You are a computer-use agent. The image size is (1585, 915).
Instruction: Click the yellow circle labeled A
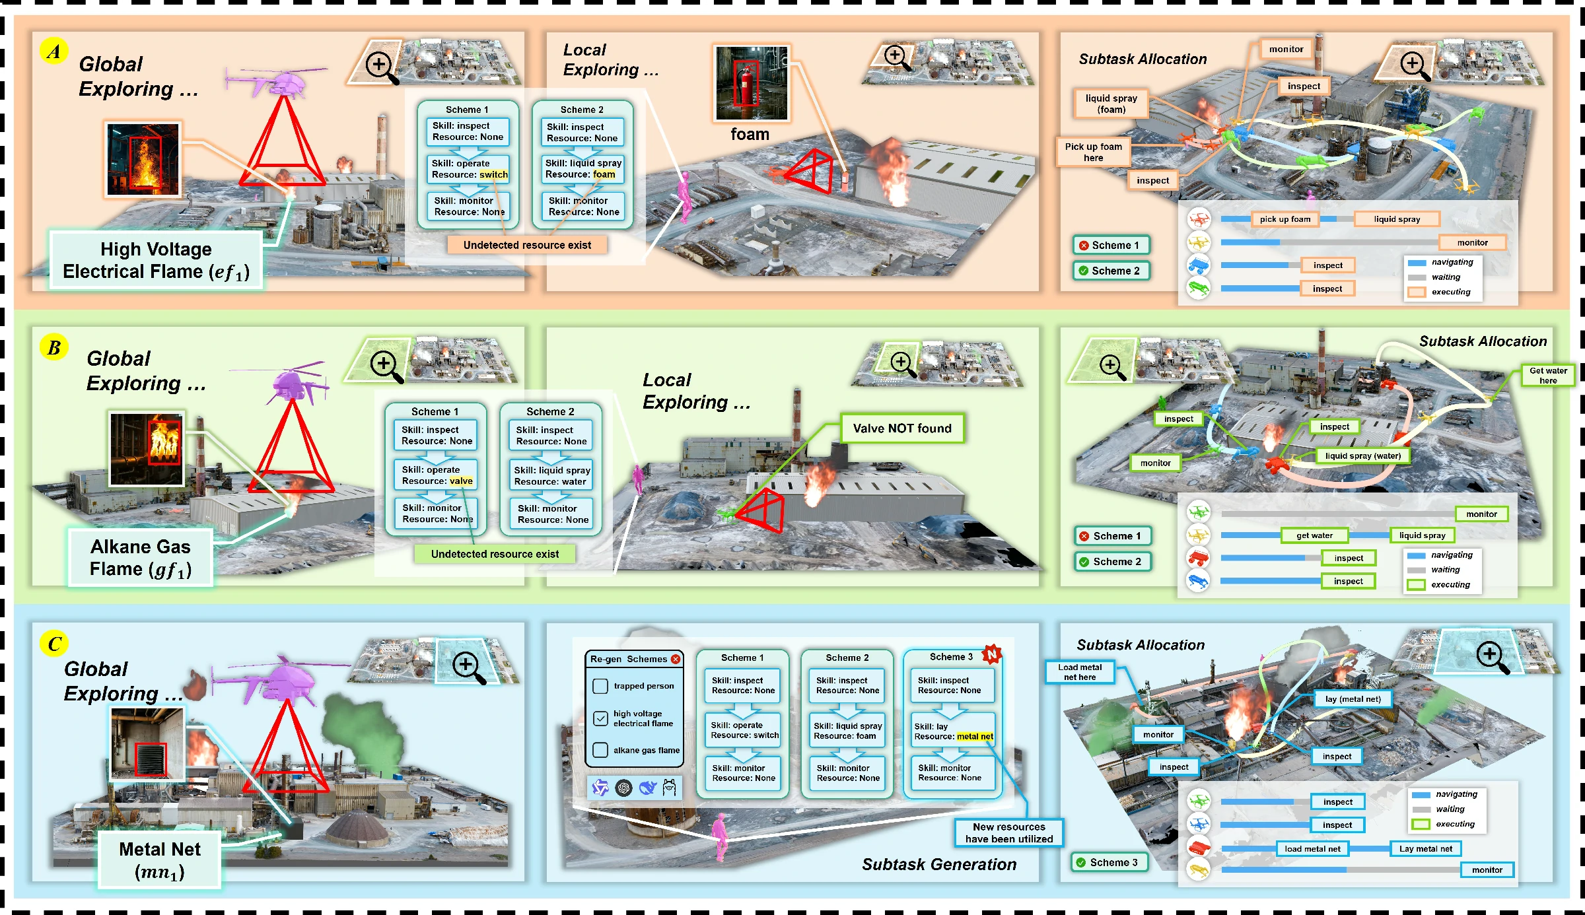pos(54,51)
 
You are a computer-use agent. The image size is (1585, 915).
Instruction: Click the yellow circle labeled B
pos(54,347)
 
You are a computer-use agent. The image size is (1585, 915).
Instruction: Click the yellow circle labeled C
pos(54,644)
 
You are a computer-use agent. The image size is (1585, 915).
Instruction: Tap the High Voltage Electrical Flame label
pos(156,260)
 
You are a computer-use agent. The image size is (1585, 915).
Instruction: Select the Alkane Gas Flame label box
pos(141,558)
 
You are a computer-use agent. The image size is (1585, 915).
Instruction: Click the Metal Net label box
pos(159,860)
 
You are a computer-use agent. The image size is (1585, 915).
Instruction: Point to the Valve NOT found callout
pos(901,428)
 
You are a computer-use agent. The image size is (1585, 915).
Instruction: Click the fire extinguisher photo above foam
pos(751,83)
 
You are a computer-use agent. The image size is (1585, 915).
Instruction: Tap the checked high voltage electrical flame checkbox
pos(600,718)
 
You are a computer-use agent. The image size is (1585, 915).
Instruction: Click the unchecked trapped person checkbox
pos(600,686)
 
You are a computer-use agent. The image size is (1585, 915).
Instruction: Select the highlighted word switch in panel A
pos(493,175)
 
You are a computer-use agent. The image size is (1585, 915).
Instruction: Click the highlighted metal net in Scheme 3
pos(975,736)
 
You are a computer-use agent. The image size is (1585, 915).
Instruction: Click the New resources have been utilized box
pos(1008,832)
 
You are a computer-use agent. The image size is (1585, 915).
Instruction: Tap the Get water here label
pos(1547,375)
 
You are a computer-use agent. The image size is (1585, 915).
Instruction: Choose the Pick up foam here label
pos(1093,152)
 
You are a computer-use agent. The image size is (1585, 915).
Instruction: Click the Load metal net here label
pos(1079,672)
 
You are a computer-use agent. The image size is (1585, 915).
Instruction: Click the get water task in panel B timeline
pos(1314,535)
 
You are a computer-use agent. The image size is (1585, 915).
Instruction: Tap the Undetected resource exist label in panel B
pos(495,554)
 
